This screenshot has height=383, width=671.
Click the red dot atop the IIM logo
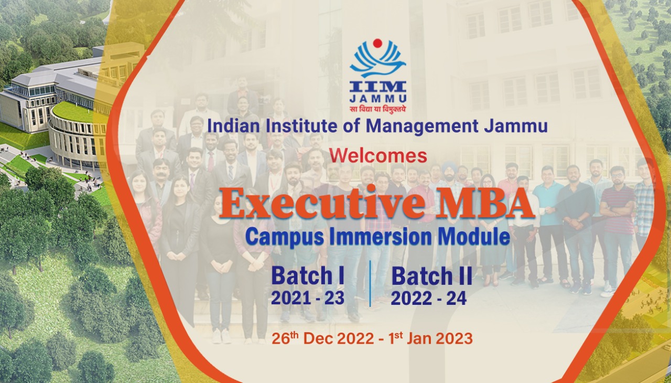coord(377,43)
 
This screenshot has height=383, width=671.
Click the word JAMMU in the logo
coord(377,98)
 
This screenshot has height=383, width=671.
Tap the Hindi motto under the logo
coord(377,109)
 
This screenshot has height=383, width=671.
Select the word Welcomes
coord(378,155)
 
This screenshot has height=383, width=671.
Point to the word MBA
coord(480,205)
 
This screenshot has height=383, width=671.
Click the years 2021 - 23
coord(308,298)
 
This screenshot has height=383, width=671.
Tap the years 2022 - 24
coord(428,298)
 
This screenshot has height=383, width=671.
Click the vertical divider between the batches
coord(370,283)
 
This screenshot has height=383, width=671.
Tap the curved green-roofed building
coord(73,131)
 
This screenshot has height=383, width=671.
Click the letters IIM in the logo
coord(377,86)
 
